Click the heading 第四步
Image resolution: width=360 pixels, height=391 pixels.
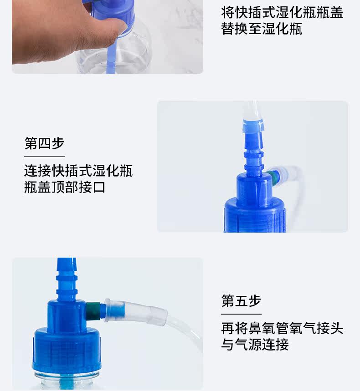click(44, 143)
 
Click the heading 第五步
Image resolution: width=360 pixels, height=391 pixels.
click(241, 301)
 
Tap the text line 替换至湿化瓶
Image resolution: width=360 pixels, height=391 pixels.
click(262, 29)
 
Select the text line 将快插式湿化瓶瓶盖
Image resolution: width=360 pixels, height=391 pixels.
click(282, 12)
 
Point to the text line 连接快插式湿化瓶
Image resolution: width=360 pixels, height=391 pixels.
click(78, 171)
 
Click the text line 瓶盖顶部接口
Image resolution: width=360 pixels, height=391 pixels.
click(65, 187)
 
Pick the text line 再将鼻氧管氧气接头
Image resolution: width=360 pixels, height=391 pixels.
click(282, 328)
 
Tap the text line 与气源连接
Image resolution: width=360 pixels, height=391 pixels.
click(255, 345)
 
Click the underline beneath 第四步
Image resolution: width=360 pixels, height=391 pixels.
click(45, 157)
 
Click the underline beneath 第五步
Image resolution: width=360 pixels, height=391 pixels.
click(241, 314)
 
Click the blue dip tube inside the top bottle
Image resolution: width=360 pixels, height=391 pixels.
click(110, 60)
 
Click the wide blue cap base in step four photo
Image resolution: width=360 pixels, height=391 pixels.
click(255, 215)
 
